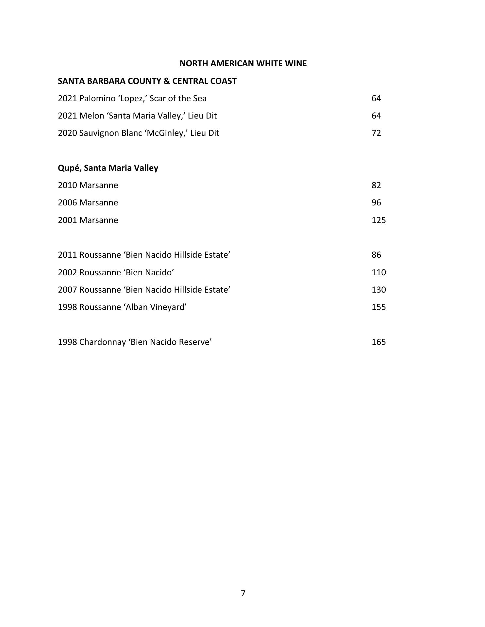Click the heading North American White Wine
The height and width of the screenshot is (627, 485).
point(243,63)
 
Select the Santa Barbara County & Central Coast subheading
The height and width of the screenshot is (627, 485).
point(147,81)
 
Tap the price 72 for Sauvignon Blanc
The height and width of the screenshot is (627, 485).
point(376,133)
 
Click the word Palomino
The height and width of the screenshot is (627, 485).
point(97,99)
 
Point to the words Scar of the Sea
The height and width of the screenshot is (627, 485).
point(178,99)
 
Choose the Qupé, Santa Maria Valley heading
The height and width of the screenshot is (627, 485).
point(108,168)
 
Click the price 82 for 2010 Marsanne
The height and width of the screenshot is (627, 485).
point(376,185)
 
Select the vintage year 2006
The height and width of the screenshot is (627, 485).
point(67,203)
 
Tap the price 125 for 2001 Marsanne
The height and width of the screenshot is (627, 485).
point(378,220)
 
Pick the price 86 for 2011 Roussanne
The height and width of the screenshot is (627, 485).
point(376,255)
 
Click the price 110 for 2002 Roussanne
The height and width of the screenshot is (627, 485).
point(378,272)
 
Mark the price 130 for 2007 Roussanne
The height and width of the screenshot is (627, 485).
point(378,290)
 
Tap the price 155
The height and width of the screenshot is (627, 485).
point(378,307)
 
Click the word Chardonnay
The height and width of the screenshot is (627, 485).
point(102,342)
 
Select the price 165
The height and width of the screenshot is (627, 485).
point(378,342)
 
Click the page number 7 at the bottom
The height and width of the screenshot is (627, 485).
point(243,593)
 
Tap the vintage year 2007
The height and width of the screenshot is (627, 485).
point(67,290)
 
